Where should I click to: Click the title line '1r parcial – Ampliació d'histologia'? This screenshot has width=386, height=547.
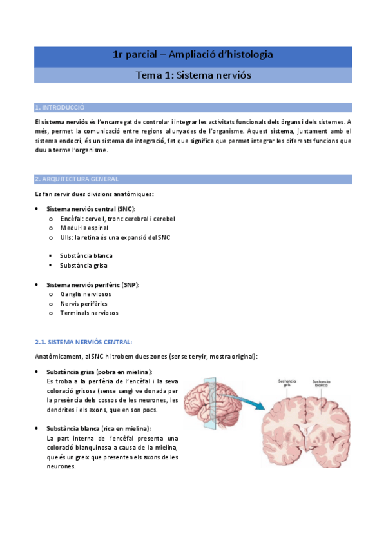[x=193, y=55]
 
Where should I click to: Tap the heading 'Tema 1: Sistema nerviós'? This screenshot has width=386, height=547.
[x=193, y=75]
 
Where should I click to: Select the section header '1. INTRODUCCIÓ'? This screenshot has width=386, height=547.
[x=60, y=107]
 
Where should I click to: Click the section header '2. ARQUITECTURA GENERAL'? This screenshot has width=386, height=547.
[x=77, y=179]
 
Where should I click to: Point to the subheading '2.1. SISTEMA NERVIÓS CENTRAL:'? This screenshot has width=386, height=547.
[x=83, y=341]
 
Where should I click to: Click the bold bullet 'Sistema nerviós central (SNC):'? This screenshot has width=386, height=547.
[x=90, y=209]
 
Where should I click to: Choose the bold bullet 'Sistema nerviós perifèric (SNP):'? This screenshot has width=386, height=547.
[x=93, y=284]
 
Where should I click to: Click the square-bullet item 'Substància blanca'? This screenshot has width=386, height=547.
[x=86, y=255]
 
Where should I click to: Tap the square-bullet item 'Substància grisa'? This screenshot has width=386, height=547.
[x=84, y=265]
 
